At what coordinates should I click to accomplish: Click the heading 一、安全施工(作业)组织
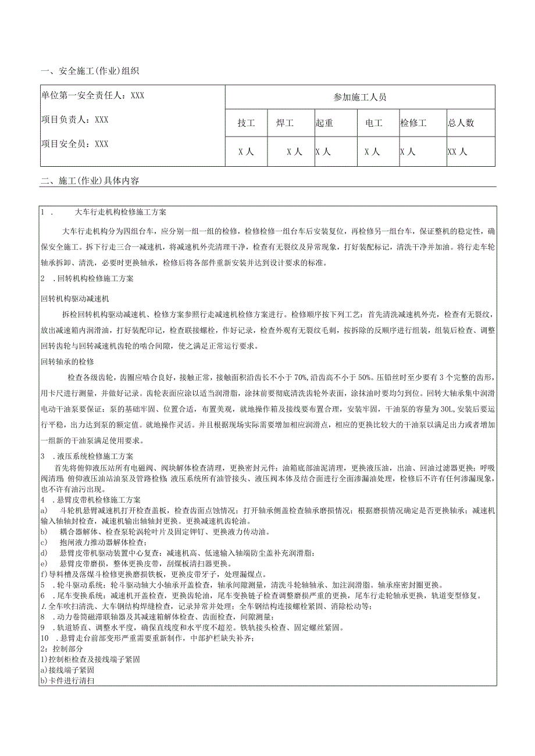90,71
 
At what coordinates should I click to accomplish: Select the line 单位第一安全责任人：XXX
92,96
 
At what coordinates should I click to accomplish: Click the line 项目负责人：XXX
75,119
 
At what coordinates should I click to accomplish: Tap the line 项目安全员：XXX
75,144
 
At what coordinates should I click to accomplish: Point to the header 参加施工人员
360,97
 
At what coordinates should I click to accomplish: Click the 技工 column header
247,123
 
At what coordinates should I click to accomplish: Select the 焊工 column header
284,123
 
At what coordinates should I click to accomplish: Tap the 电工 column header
373,123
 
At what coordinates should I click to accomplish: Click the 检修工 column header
413,123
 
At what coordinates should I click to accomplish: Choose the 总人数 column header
461,123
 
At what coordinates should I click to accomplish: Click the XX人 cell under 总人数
458,152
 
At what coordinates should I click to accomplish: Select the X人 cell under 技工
247,152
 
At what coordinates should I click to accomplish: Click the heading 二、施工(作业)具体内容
90,181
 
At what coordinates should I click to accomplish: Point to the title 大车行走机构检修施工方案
121,212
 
